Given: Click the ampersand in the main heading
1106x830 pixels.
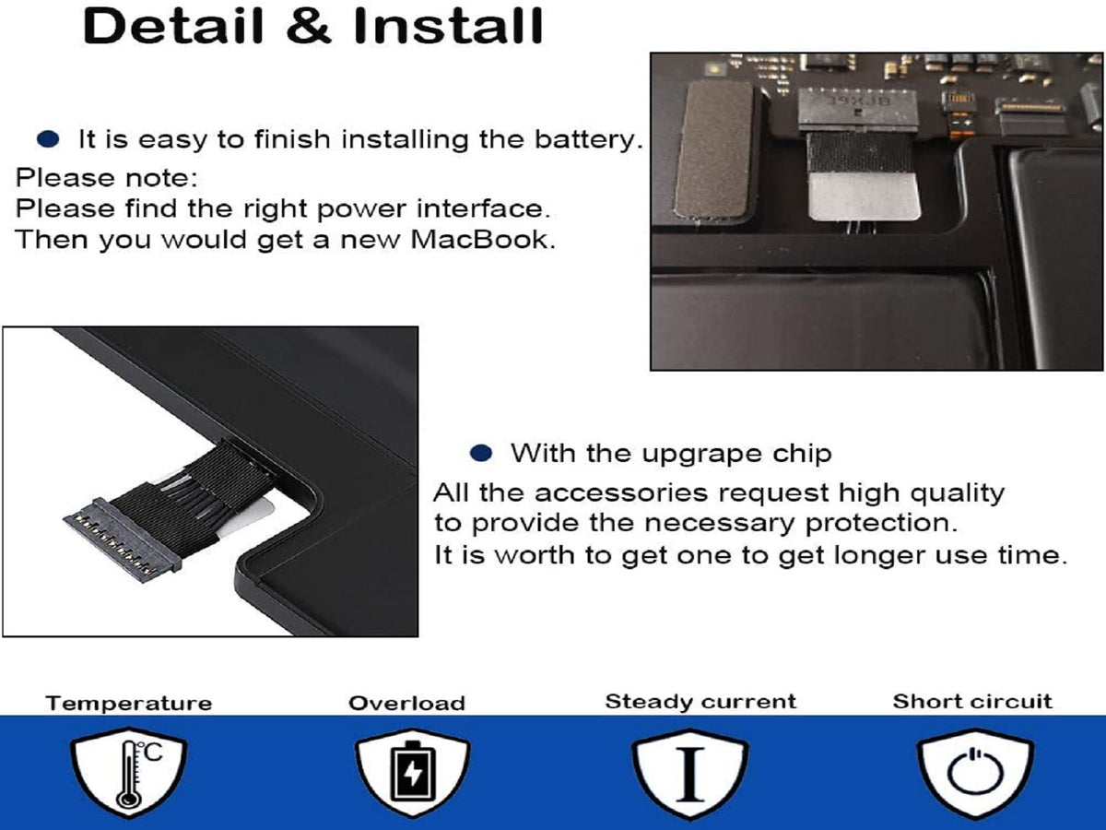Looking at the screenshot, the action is point(309,26).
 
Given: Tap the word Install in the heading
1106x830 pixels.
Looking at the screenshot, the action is point(448,26).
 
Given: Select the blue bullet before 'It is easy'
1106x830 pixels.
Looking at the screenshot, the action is point(48,139).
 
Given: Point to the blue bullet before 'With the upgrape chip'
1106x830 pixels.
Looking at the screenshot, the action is point(481,453).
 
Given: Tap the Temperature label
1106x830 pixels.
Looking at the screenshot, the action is point(129,704).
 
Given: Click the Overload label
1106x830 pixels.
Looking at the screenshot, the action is point(406,704).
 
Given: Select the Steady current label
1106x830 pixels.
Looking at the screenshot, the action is point(700,702).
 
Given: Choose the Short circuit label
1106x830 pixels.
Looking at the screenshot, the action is point(972,702).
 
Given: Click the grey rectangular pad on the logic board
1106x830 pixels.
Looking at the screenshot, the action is point(714,150).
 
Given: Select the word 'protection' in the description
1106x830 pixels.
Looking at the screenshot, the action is point(881,524).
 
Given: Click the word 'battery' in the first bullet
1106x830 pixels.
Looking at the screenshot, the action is point(589,140).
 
